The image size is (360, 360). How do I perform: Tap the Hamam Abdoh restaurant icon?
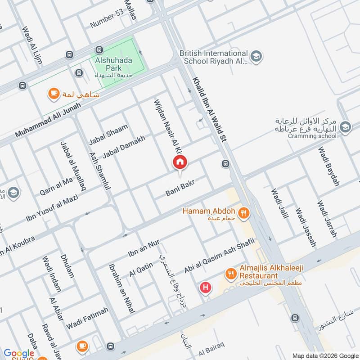(x=244, y=213)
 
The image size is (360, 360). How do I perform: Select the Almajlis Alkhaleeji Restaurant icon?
(x=230, y=274)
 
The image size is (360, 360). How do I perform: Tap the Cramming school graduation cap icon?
(x=345, y=126)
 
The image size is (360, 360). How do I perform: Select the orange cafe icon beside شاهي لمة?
(x=54, y=94)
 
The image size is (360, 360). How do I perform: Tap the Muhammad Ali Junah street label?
(x=48, y=120)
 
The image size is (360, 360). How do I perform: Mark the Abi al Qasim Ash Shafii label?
(x=219, y=255)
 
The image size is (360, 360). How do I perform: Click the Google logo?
(x=19, y=353)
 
